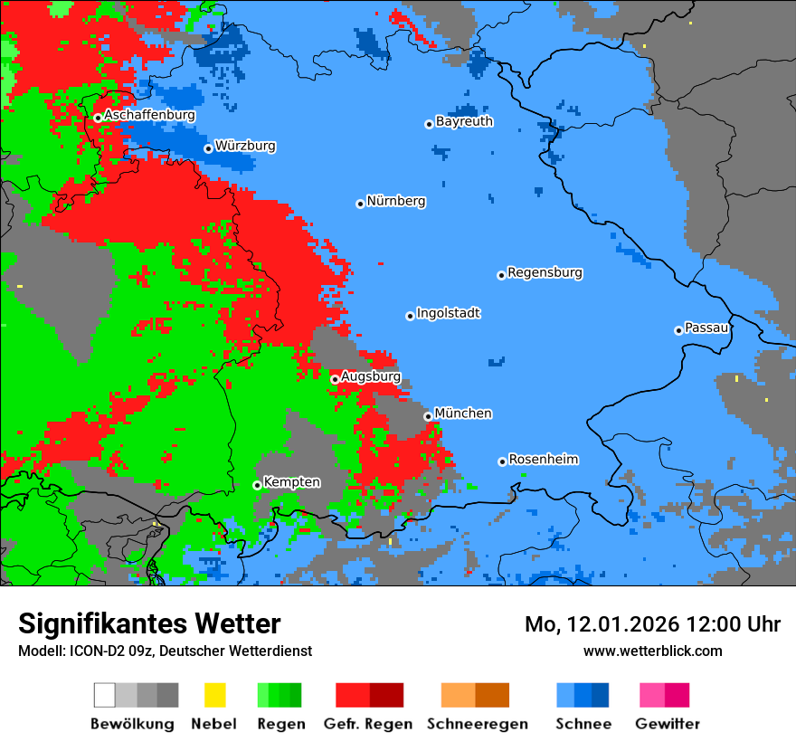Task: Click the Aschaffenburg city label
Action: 149,115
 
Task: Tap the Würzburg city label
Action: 245,146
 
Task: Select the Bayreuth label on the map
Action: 464,121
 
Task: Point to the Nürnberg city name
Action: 395,201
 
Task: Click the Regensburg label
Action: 545,272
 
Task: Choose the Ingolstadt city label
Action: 448,313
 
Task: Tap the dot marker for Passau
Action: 678,330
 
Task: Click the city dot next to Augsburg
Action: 335,379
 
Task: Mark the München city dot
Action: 428,416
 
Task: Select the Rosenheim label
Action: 543,460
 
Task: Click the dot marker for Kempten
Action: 257,485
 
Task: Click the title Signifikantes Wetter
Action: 149,623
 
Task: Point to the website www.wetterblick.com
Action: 652,651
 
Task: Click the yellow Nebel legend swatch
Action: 214,695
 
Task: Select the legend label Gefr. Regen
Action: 368,724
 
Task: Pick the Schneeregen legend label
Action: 477,724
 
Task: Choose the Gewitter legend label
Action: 667,724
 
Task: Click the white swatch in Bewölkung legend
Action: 105,695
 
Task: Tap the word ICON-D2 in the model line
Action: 96,651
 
